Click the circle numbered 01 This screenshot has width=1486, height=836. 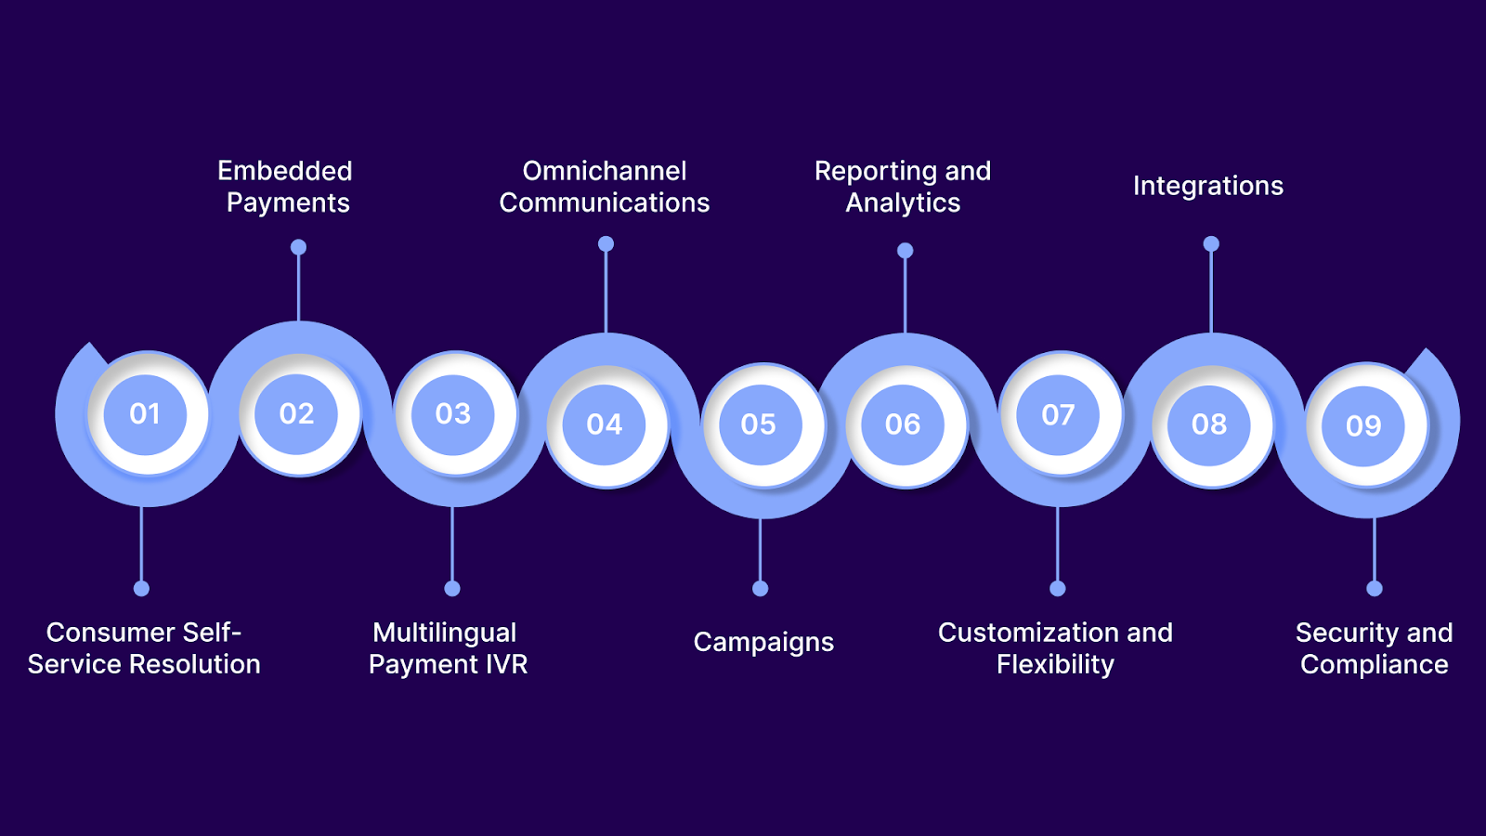pos(145,414)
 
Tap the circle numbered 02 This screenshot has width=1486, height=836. pos(297,414)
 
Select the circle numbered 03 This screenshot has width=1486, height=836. pos(453,414)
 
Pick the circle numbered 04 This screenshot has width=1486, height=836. pos(605,425)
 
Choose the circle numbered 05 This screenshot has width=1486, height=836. pos(759,425)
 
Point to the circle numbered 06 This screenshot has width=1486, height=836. pos(903,425)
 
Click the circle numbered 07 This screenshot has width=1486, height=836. pos(1058,414)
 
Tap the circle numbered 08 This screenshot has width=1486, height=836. pos(1209,425)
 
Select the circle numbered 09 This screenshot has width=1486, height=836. pos(1363,425)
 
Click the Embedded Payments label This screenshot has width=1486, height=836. pos(286,187)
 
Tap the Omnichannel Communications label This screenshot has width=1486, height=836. pos(605,187)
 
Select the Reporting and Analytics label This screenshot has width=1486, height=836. pos(903,187)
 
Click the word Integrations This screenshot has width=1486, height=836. pos(1208,186)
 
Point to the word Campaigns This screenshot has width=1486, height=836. pos(763,642)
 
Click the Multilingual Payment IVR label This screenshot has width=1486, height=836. pos(448,648)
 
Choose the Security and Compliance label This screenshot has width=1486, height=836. pos(1374,648)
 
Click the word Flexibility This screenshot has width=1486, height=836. pos(1055,664)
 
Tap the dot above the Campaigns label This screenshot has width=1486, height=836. pos(760,588)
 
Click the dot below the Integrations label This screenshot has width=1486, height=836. pos(1211,244)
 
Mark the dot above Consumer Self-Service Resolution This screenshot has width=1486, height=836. pos(141,588)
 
